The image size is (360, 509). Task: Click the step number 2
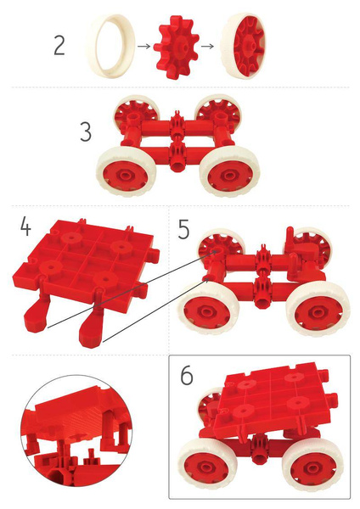[59, 44]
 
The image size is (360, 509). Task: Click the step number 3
[86, 133]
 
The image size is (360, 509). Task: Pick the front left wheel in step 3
[127, 173]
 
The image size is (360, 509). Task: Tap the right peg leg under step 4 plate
[91, 327]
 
